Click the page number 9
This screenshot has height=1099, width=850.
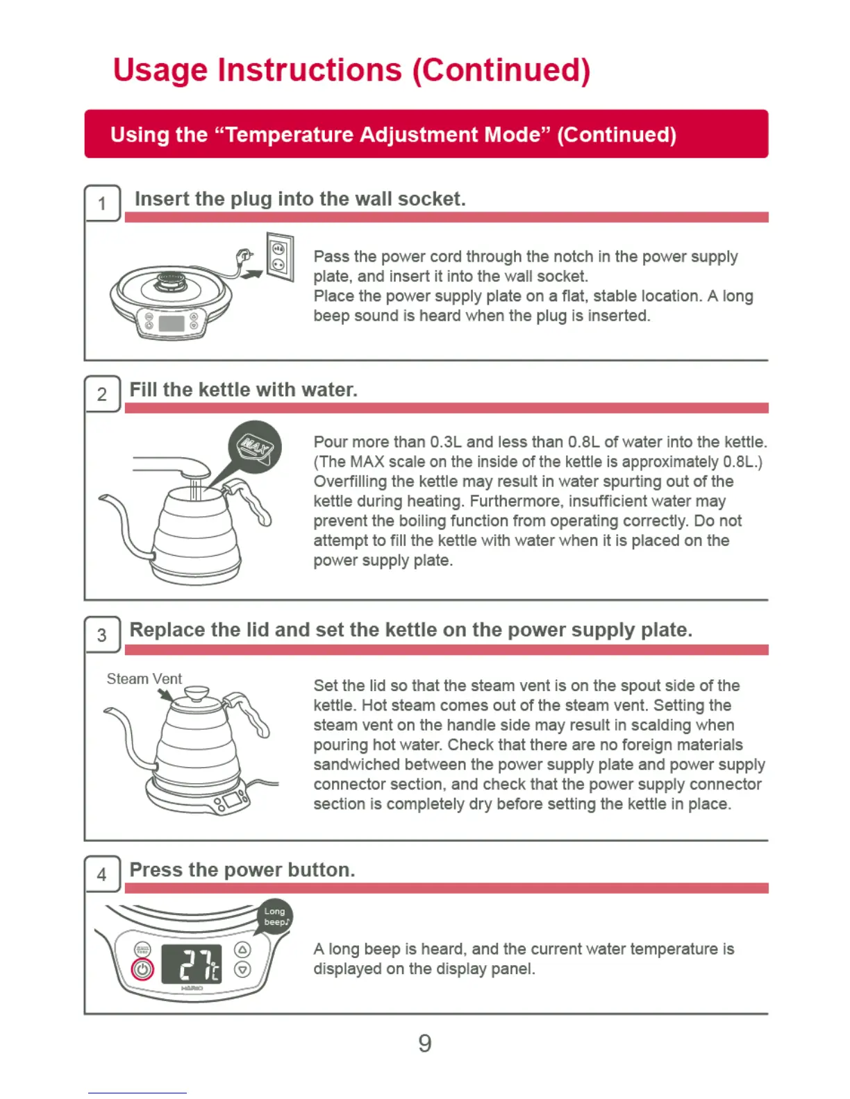pyautogui.click(x=424, y=1043)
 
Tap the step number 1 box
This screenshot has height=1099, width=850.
pyautogui.click(x=102, y=203)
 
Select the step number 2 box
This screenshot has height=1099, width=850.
pyautogui.click(x=102, y=393)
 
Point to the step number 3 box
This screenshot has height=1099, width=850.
pyautogui.click(x=102, y=634)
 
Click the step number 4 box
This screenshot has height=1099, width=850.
pyautogui.click(x=102, y=874)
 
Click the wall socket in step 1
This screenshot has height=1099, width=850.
pyautogui.click(x=280, y=257)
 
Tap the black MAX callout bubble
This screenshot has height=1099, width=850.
pyautogui.click(x=255, y=447)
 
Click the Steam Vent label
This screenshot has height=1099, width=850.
pyautogui.click(x=144, y=679)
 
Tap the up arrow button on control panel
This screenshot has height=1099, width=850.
pyautogui.click(x=242, y=950)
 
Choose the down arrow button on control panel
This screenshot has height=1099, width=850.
pyautogui.click(x=242, y=969)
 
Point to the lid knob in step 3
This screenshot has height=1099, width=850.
pyautogui.click(x=197, y=693)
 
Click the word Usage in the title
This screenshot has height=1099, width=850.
pyautogui.click(x=160, y=70)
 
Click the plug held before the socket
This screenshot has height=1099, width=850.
pyautogui.click(x=244, y=256)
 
